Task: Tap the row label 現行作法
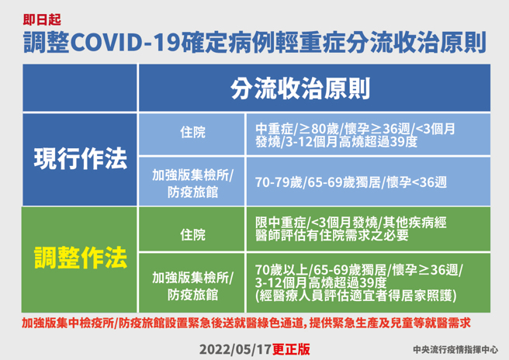pyautogui.click(x=81, y=159)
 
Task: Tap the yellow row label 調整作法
pyautogui.click(x=81, y=257)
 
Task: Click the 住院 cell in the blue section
pyautogui.click(x=193, y=134)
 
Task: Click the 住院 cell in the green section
pyautogui.click(x=193, y=232)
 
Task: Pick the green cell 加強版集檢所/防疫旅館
pyautogui.click(x=193, y=283)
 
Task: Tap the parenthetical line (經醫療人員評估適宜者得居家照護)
pyautogui.click(x=354, y=294)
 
